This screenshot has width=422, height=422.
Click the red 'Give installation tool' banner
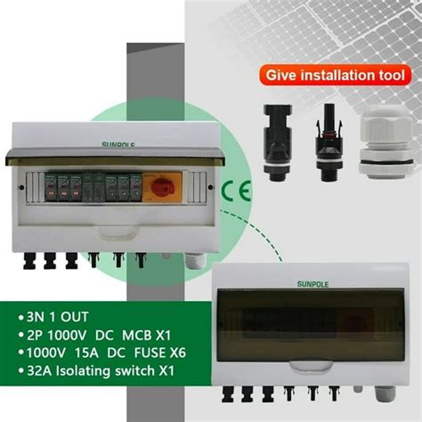click(332, 74)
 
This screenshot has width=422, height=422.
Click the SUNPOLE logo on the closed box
click(312, 284)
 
